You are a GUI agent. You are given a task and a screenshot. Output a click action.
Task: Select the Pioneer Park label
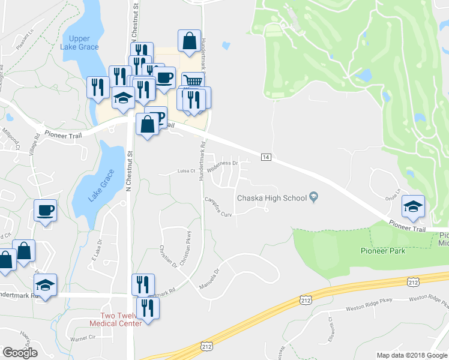382,250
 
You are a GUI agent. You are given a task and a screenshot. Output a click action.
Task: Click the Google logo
20,353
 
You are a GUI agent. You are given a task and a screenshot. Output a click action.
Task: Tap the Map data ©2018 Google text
412,355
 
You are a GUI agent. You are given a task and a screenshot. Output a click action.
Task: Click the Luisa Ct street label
187,171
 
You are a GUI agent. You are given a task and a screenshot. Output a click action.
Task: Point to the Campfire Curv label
218,207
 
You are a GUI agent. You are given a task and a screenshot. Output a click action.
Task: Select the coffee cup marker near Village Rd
45,210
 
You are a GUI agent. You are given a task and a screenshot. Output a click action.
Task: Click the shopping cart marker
192,80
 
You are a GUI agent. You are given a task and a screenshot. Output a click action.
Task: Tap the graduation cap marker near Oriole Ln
412,206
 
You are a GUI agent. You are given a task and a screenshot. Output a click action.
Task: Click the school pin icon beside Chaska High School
313,197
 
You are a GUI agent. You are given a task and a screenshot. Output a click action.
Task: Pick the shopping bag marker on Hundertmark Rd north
189,41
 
